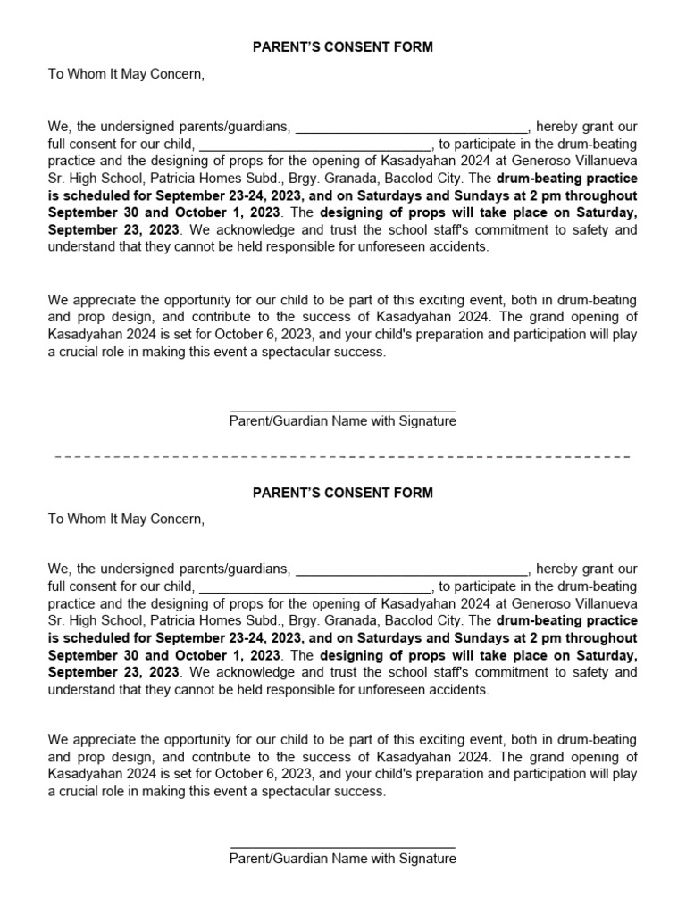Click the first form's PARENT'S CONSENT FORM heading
(343, 47)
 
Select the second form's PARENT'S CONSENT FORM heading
(343, 493)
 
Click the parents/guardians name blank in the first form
(412, 128)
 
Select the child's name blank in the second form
(314, 587)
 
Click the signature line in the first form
(343, 411)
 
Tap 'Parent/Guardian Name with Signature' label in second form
(343, 859)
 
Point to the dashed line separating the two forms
(343, 456)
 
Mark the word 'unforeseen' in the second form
(396, 690)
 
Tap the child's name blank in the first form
(314, 145)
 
